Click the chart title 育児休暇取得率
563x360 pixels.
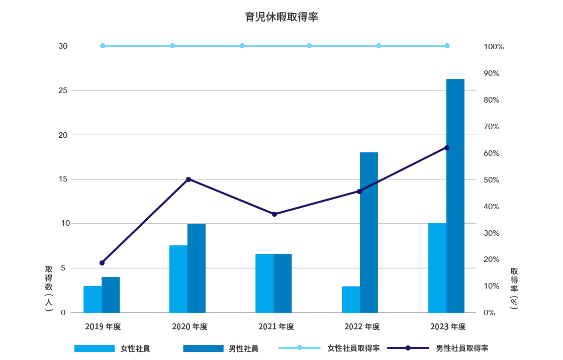(281, 17)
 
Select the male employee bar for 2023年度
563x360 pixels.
(455, 196)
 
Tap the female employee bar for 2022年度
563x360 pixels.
(351, 299)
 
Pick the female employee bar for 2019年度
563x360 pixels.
(92, 299)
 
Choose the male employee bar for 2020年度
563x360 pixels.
(197, 268)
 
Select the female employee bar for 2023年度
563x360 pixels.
(437, 268)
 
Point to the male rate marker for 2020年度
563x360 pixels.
(189, 179)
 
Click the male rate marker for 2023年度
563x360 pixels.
(447, 148)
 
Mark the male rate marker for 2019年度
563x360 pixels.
(102, 263)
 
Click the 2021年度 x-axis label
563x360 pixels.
(276, 327)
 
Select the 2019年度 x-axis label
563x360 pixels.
(103, 327)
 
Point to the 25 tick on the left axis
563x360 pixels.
(62, 91)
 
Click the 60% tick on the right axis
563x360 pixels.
(491, 153)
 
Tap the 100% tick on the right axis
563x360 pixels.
(493, 47)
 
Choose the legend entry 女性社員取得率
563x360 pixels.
(353, 348)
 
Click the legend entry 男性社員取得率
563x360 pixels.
(462, 348)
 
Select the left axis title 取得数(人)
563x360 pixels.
(48, 289)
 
